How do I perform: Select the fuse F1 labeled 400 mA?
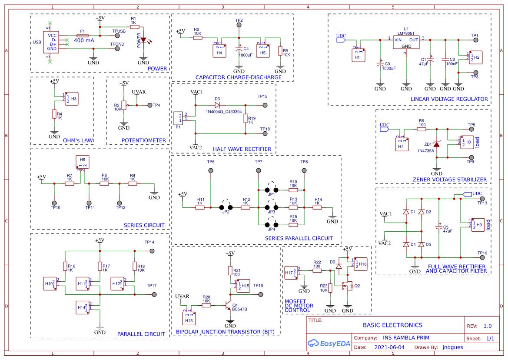(82, 35)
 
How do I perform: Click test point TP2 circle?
(239, 27)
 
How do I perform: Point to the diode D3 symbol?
(217, 105)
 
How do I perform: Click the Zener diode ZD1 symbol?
(437, 144)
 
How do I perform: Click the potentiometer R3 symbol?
(123, 105)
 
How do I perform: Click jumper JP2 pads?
(226, 207)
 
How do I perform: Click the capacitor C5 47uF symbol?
(438, 227)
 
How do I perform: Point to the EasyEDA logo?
(326, 343)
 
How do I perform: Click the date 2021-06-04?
(389, 347)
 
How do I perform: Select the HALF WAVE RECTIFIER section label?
(242, 149)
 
